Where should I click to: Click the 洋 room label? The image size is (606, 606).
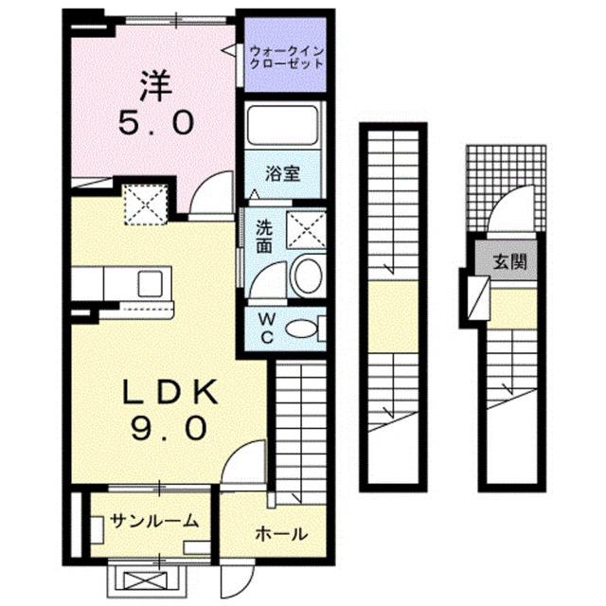point(155,87)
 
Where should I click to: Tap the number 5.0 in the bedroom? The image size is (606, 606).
point(156,123)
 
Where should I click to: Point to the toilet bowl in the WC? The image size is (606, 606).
point(301,329)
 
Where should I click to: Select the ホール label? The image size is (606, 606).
point(279,534)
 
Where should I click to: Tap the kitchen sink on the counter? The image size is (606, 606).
point(151,282)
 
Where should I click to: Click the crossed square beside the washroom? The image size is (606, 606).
point(306,228)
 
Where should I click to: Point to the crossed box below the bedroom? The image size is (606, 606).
point(146,203)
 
